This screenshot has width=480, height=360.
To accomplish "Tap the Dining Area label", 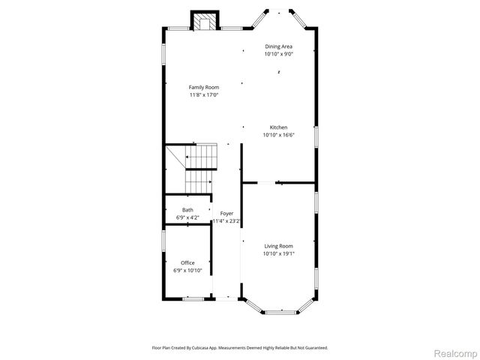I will click(x=277, y=46).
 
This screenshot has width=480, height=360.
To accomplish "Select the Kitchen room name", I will click(x=278, y=127).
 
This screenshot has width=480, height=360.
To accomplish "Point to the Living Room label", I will click(x=278, y=246).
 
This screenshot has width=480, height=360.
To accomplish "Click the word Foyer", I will click(x=226, y=214).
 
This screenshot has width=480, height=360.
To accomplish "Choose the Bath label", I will click(x=187, y=210).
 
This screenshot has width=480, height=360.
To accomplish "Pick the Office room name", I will click(x=187, y=262).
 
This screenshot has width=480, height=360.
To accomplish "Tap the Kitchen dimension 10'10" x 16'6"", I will click(x=278, y=136).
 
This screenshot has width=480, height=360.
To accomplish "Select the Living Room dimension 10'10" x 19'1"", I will click(x=278, y=254).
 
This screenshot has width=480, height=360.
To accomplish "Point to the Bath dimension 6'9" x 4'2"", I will click(x=187, y=217).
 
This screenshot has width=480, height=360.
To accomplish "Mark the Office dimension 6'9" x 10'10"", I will click(x=187, y=270).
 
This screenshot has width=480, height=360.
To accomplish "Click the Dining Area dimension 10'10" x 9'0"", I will click(x=277, y=54).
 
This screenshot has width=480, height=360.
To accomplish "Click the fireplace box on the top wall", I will click(x=202, y=20).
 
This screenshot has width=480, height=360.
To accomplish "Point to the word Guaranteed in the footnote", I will click(x=314, y=347).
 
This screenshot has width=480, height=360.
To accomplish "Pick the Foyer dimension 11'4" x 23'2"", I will click(x=226, y=221).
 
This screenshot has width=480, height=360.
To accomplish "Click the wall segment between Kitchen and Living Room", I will click(x=296, y=181).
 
